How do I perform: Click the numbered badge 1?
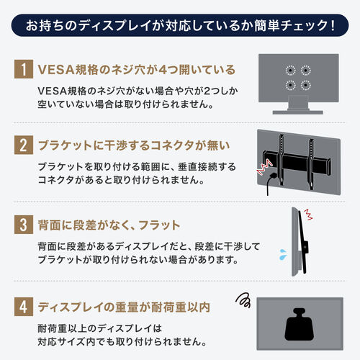click(24, 71)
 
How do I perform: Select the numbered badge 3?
click(24, 226)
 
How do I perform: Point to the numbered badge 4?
click(24, 305)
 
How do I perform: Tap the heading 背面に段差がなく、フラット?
click(110, 226)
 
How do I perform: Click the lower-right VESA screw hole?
click(306, 86)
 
